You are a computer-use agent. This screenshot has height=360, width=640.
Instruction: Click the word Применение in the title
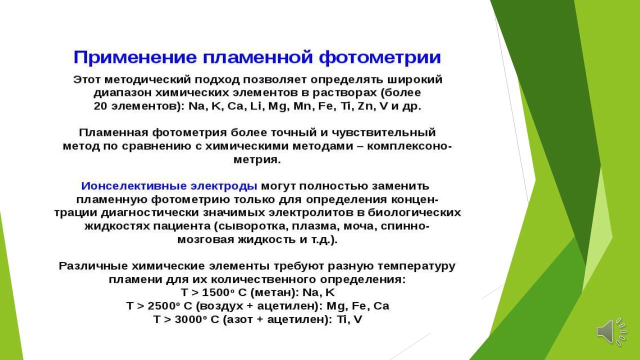pyautogui.click(x=135, y=57)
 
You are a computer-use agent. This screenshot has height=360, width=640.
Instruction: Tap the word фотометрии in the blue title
pyautogui.click(x=380, y=57)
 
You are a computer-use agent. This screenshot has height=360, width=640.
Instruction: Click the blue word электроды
pyautogui.click(x=224, y=186)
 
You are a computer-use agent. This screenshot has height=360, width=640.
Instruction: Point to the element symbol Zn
pyautogui.click(x=365, y=106)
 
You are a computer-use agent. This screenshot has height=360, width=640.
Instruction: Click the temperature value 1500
pyautogui.click(x=215, y=292)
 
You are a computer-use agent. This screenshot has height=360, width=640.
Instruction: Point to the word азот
pyautogui.click(x=239, y=319)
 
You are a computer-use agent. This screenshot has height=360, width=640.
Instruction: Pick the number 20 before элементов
pyautogui.click(x=100, y=106)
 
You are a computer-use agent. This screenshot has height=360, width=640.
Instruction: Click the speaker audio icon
pyautogui.click(x=611, y=331)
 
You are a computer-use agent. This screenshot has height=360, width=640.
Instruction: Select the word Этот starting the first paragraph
pyautogui.click(x=87, y=79)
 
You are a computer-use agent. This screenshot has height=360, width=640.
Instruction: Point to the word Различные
pyautogui.click(x=93, y=266)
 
